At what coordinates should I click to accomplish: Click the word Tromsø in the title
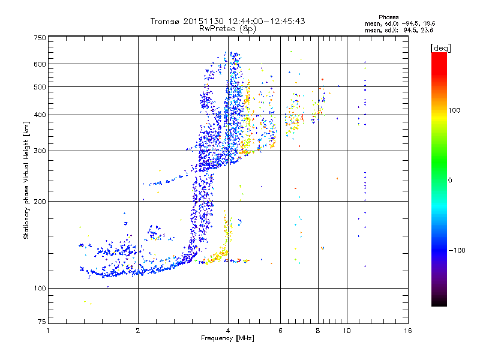(165, 21)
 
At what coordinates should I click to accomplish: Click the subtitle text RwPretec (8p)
(228, 28)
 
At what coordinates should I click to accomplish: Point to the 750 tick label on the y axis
(40, 37)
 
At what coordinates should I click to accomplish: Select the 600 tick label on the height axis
(40, 64)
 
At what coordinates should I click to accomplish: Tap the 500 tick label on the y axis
(40, 86)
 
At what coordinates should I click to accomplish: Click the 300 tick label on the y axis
(40, 150)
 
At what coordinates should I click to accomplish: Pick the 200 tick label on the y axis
(40, 201)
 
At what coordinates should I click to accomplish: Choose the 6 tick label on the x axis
(281, 331)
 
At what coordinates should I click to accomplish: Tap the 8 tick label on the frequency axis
(318, 331)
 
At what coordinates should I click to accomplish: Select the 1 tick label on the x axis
(48, 331)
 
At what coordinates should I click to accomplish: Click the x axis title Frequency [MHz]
(227, 338)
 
